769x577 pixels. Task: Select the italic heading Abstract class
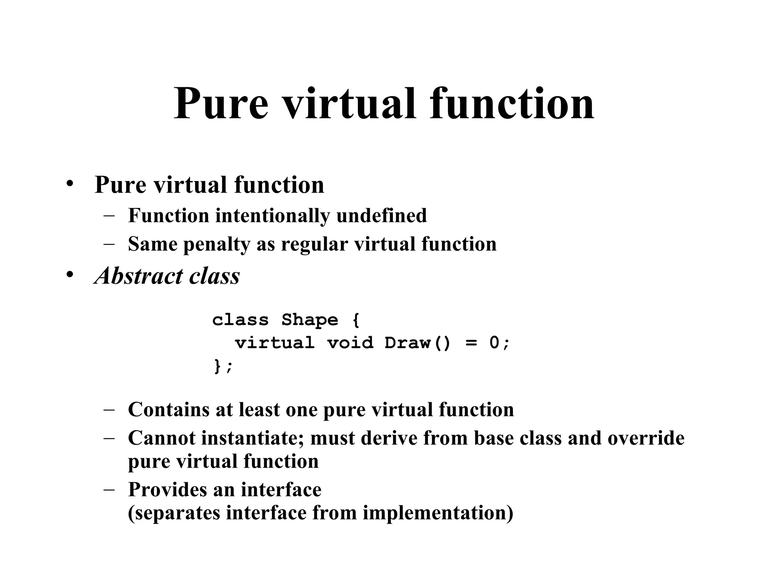167,276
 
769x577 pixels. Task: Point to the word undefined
381,216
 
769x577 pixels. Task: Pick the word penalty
217,245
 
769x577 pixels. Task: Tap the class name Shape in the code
310,320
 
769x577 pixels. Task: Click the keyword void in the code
350,343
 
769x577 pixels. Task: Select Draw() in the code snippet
417,343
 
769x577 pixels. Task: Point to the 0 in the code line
495,343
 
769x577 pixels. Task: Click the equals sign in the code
471,343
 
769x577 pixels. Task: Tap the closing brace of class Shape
217,366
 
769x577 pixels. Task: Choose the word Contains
169,409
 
